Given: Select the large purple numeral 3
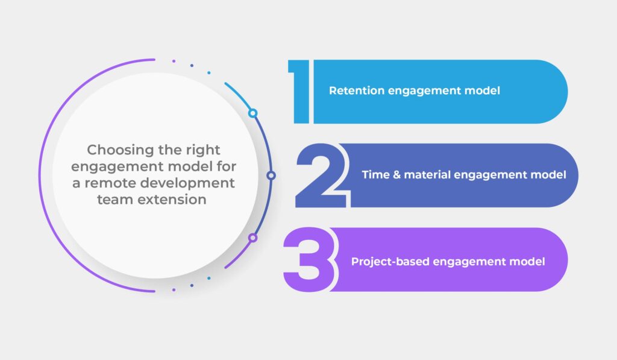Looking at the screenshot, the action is [310, 259].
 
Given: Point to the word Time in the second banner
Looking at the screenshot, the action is [375, 174].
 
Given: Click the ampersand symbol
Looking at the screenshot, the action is [396, 175].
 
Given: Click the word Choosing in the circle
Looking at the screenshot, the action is [121, 150].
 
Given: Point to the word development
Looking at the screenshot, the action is [188, 184].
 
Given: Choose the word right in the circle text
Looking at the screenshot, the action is [203, 150].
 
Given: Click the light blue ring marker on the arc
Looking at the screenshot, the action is [252, 113].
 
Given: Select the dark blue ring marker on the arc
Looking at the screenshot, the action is [271, 175].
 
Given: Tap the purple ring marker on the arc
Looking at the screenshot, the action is [252, 238].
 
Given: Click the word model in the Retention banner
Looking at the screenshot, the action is [482, 90].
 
